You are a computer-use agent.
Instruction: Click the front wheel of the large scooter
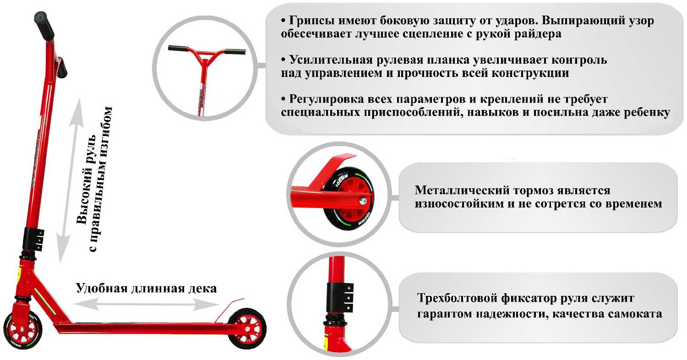(22, 330)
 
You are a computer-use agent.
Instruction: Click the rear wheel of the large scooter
(247, 329)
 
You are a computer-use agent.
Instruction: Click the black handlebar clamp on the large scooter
(33, 240)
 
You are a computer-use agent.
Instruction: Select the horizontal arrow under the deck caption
(146, 304)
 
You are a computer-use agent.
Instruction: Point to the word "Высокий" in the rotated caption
(85, 198)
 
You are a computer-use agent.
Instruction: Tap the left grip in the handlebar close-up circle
(178, 48)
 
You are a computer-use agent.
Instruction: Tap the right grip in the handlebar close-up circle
(234, 51)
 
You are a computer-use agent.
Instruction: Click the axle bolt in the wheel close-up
(364, 201)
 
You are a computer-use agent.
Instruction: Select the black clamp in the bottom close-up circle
(339, 297)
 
